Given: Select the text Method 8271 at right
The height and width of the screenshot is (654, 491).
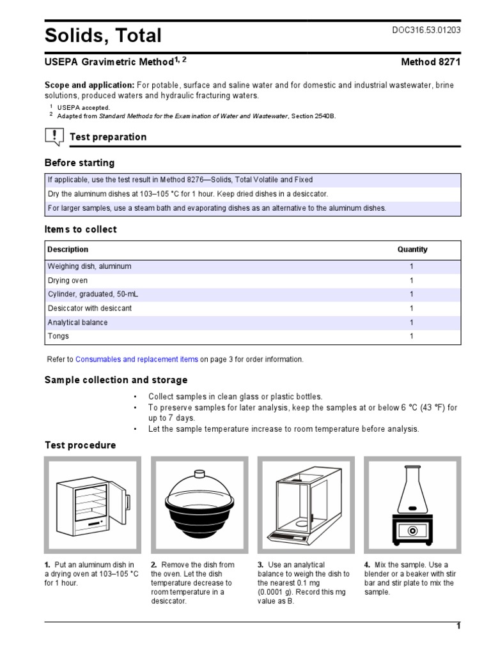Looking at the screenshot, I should pyautogui.click(x=430, y=63).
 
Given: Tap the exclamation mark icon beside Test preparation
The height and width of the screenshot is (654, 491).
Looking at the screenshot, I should pyautogui.click(x=54, y=136).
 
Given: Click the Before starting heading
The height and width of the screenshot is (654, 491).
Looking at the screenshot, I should pyautogui.click(x=79, y=163).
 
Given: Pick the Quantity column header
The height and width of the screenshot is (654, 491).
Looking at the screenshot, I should pyautogui.click(x=412, y=250).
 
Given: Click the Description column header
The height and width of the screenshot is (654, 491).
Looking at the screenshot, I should pyautogui.click(x=68, y=250).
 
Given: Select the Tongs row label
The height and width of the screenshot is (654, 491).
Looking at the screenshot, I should pyautogui.click(x=58, y=336).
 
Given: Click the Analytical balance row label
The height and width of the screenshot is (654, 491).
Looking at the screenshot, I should pyautogui.click(x=77, y=323).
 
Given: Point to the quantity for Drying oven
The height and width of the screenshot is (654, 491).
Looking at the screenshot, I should pyautogui.click(x=412, y=280).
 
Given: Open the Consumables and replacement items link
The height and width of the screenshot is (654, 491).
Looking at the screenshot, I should pyautogui.click(x=137, y=360).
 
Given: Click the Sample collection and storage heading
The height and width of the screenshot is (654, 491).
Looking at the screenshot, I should pyautogui.click(x=116, y=380).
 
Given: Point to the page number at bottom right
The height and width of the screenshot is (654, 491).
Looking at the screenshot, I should pyautogui.click(x=458, y=626).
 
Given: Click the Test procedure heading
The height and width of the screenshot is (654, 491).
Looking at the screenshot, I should pyautogui.click(x=80, y=445).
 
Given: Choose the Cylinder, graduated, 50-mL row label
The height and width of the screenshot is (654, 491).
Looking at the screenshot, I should pyautogui.click(x=93, y=294).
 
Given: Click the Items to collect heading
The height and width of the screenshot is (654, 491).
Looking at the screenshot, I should pyautogui.click(x=81, y=229).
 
